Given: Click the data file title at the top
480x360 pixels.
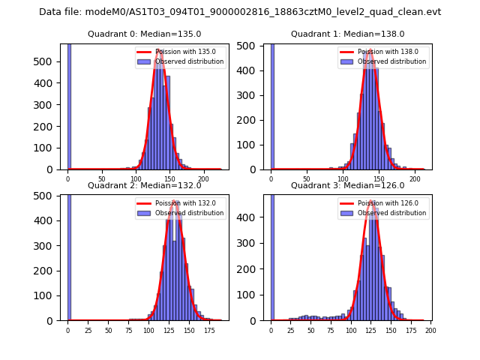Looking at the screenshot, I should point(240,12).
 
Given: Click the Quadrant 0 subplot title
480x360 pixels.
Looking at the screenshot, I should point(144,34).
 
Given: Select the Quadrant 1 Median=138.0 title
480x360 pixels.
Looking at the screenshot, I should point(347,34).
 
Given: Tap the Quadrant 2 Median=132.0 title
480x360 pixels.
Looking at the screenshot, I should point(144,185).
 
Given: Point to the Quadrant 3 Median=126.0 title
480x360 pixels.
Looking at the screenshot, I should point(347,185).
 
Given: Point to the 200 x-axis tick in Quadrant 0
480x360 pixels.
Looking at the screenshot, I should point(203,178).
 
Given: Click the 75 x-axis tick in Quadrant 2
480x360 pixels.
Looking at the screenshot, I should point(108,329).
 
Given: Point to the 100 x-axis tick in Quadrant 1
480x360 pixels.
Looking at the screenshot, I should point(343,178).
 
